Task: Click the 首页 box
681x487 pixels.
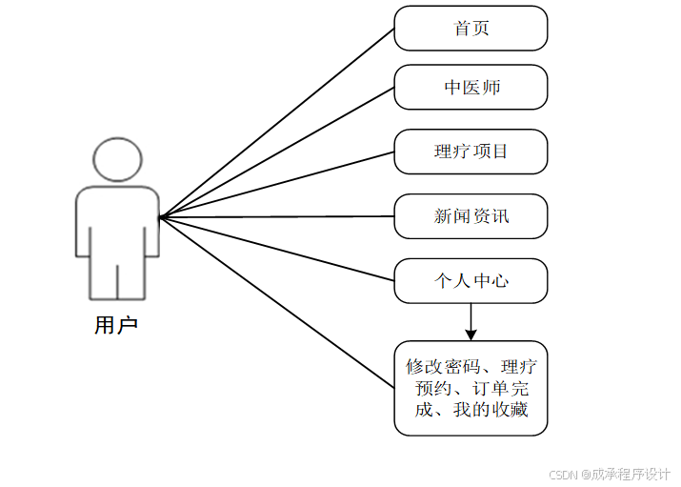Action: pos(471,29)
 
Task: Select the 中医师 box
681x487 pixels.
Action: pos(471,88)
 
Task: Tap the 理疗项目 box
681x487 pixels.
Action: pos(471,152)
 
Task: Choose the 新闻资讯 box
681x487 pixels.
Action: pos(471,216)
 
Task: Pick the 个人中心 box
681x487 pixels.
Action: pos(471,281)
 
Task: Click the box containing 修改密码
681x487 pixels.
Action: pos(471,388)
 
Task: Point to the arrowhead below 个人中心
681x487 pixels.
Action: pos(471,333)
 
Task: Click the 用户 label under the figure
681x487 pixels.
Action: pos(116,326)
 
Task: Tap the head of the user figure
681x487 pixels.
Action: pos(118,160)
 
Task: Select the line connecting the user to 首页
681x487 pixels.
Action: pos(276,123)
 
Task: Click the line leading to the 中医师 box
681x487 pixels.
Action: pos(276,152)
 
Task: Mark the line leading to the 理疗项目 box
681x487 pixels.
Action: pos(276,185)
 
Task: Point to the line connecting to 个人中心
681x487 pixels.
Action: pos(276,249)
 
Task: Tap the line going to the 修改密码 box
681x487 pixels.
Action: pos(276,301)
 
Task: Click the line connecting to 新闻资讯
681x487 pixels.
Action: pos(276,216)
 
